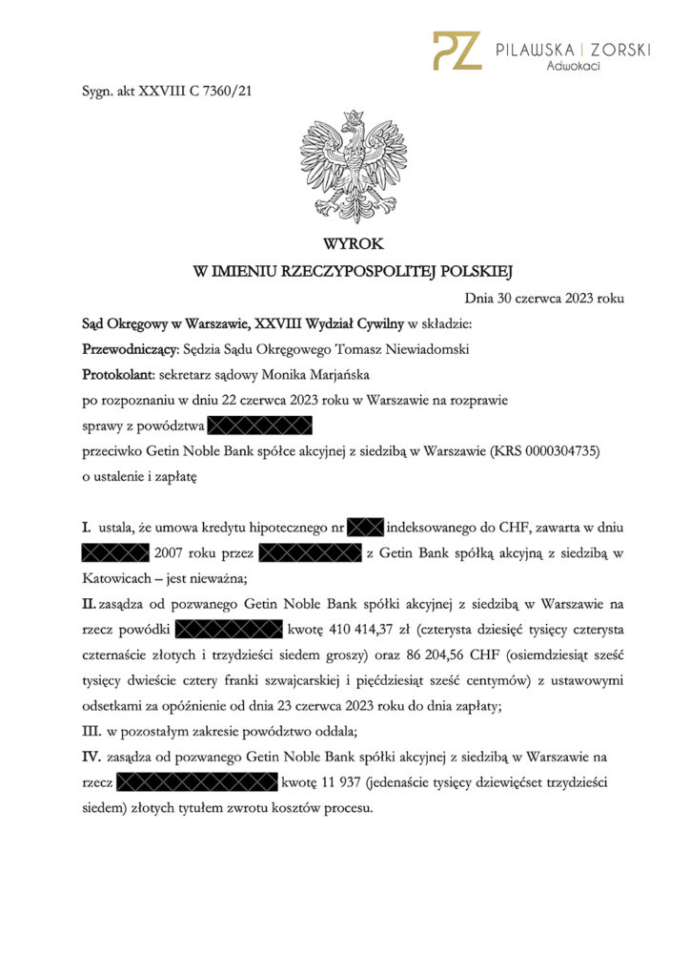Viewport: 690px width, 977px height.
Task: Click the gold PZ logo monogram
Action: click(456, 50)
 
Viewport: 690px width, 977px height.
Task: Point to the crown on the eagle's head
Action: click(353, 116)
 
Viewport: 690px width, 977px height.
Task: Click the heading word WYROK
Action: click(353, 244)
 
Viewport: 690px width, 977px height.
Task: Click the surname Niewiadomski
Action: click(416, 349)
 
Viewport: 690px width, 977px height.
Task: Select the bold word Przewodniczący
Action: click(131, 349)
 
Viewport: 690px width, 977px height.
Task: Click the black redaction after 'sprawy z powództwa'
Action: click(259, 425)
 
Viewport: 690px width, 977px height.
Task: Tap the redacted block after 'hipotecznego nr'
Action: click(365, 527)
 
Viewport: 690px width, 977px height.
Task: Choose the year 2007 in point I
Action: click(172, 552)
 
